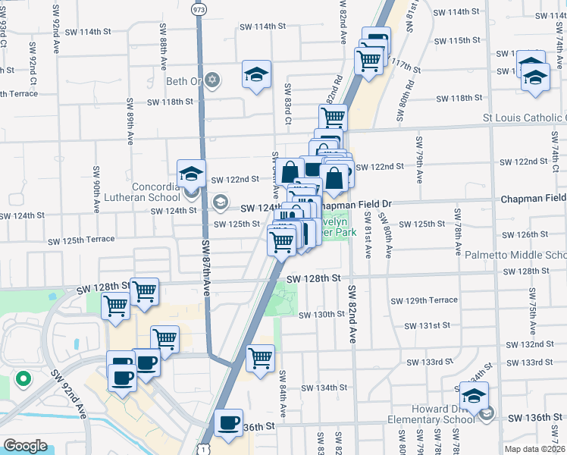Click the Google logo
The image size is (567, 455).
[25, 445]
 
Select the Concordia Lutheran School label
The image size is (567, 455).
[155, 193]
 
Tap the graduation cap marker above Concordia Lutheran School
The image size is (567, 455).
[191, 174]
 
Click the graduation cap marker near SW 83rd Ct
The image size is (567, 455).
[256, 74]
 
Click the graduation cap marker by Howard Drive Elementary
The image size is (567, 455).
[475, 396]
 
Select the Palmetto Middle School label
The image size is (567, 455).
[515, 256]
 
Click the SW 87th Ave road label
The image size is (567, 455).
[205, 271]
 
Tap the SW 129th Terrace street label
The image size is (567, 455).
[424, 300]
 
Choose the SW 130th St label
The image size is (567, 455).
[321, 315]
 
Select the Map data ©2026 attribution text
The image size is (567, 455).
[534, 448]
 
